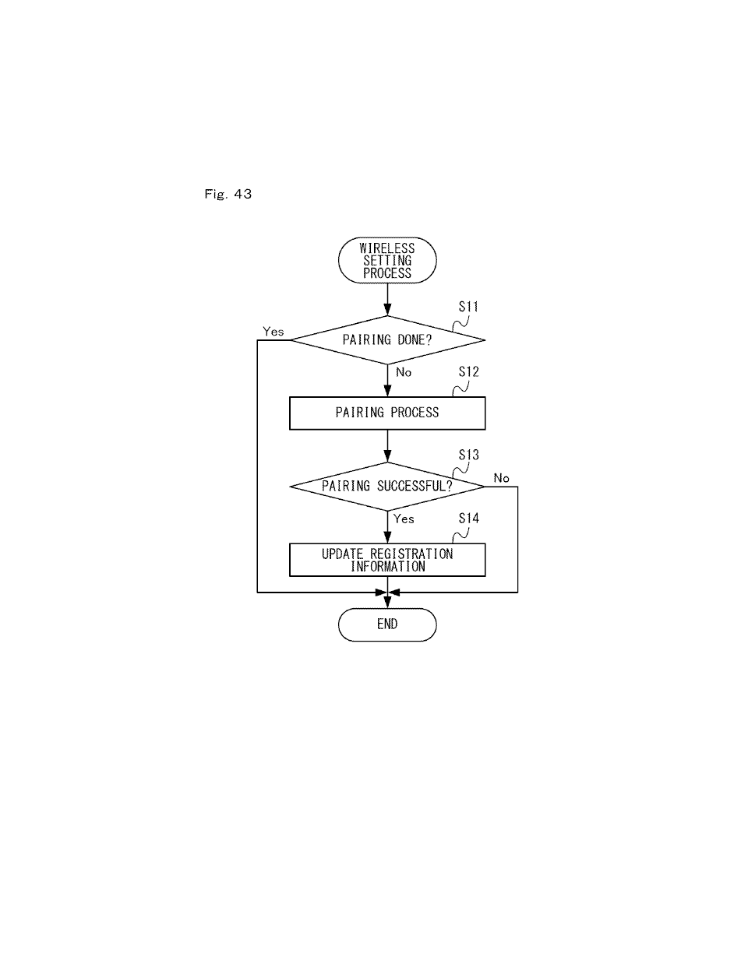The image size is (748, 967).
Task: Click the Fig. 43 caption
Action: [x=228, y=194]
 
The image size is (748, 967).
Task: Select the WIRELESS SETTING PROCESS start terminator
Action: [x=387, y=260]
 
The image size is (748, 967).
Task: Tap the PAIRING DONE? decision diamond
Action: [x=387, y=340]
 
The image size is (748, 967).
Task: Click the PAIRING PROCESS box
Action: [x=387, y=413]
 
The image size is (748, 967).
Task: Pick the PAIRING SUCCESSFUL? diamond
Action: [x=387, y=487]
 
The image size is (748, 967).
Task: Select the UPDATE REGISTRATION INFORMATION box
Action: [x=387, y=560]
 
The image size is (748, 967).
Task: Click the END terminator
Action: [x=387, y=624]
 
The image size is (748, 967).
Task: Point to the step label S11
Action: [x=469, y=307]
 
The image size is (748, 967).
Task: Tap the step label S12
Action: [x=469, y=371]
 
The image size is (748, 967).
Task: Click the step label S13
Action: [x=469, y=455]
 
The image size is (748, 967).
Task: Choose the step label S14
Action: [x=469, y=518]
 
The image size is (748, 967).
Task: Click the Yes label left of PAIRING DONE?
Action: [x=273, y=332]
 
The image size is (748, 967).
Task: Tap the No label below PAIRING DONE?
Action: [x=404, y=372]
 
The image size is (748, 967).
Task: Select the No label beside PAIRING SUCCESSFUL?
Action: [x=501, y=478]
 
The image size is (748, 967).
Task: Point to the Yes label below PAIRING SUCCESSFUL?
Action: [x=404, y=519]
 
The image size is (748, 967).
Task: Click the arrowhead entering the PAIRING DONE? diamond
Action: [x=387, y=310]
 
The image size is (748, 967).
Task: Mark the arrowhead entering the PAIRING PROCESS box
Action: [x=387, y=391]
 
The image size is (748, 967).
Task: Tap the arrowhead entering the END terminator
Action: [x=387, y=603]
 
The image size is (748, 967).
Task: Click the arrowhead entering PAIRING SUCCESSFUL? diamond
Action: [x=387, y=456]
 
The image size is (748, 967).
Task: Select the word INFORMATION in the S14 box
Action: [x=388, y=567]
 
